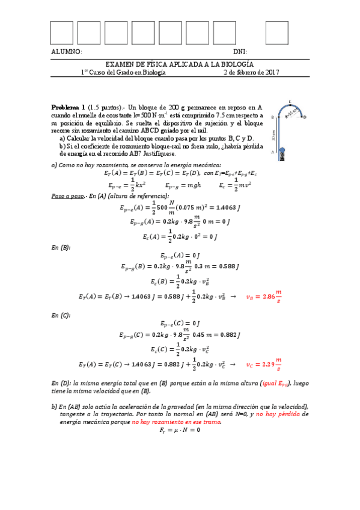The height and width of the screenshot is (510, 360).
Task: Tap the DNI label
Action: (240, 52)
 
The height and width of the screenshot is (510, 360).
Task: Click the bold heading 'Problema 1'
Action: (68, 103)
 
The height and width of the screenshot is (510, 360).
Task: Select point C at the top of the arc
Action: (290, 102)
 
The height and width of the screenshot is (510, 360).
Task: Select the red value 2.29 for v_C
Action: (267, 364)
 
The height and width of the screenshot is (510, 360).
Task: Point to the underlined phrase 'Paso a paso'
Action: (67, 196)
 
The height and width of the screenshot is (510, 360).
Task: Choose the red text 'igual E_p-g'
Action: (277, 383)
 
